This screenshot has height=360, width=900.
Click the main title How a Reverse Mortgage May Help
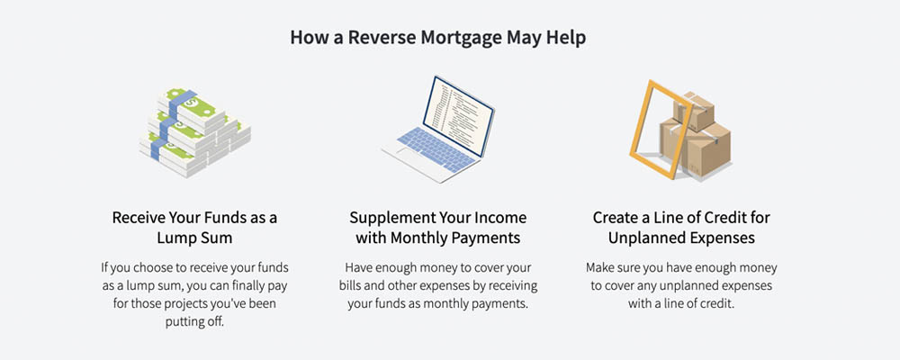coord(438,38)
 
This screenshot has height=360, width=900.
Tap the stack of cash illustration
coord(195,132)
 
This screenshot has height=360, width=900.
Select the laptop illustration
coord(437,130)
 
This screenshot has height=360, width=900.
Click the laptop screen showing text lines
coord(458,116)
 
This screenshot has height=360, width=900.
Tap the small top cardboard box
coord(694,112)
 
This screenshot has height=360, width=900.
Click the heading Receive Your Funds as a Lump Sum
coord(194,228)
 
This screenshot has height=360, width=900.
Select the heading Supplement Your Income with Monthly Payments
coord(437,228)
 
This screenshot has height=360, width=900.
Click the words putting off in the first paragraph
coord(195,322)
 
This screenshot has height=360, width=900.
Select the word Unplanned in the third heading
coord(645,238)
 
